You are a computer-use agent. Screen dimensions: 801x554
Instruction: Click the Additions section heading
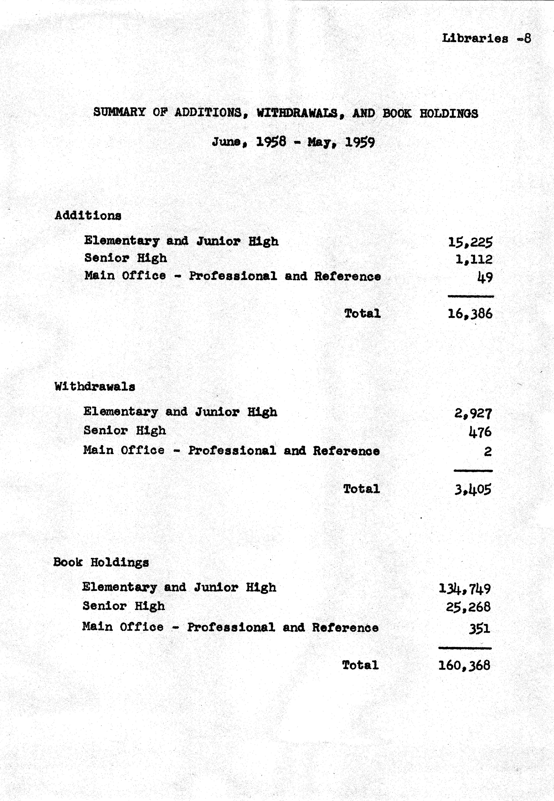coord(88,216)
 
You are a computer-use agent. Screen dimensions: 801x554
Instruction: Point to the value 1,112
coord(473,259)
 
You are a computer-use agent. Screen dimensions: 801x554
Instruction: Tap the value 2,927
coord(473,413)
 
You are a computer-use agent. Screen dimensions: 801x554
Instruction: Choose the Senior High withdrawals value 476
coord(480,432)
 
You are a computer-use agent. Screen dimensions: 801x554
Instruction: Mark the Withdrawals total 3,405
coord(473,490)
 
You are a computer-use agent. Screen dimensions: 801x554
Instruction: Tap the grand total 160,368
coord(464,665)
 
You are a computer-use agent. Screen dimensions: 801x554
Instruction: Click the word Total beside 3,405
coord(361,489)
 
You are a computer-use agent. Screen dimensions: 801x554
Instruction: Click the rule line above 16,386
coord(471,296)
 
